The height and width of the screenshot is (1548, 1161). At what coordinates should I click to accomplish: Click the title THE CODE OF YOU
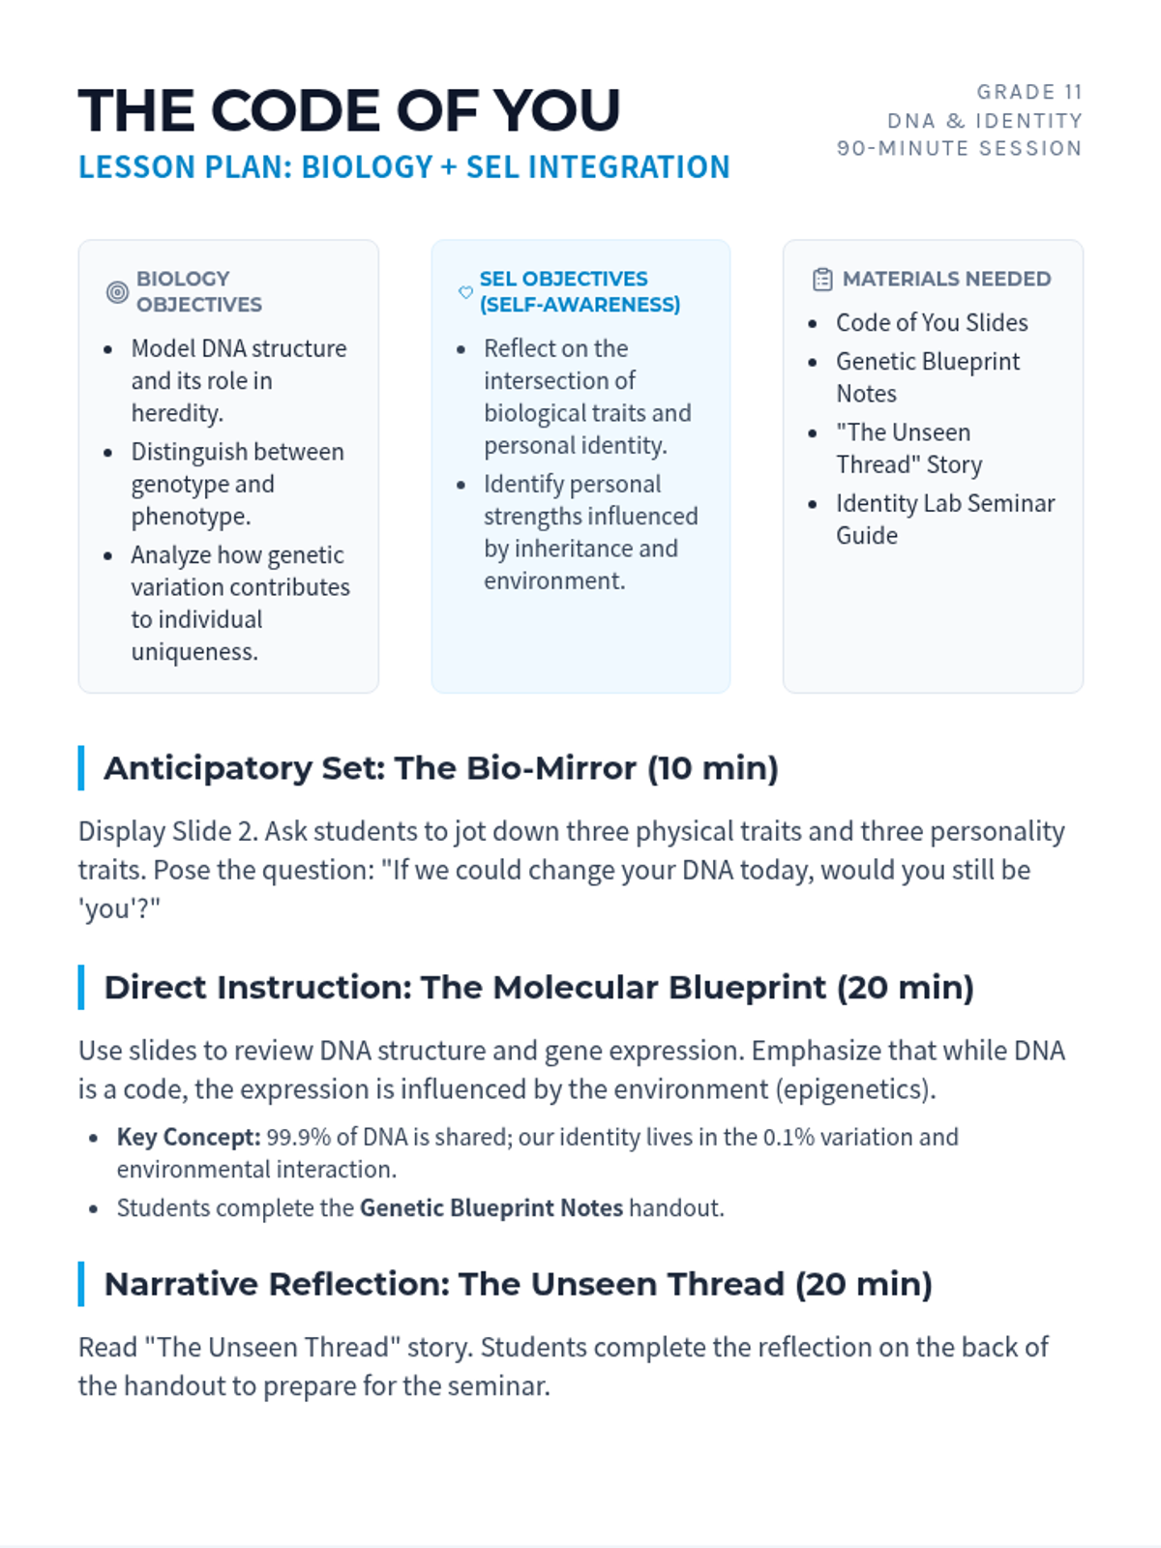coord(349,110)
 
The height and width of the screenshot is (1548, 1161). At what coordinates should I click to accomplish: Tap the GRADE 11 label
coord(1029,92)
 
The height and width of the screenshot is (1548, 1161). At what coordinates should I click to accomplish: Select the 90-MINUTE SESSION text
coord(960,149)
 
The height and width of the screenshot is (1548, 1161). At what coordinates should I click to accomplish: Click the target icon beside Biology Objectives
coord(117,292)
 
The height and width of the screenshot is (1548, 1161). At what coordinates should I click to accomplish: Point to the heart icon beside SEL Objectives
coord(465,292)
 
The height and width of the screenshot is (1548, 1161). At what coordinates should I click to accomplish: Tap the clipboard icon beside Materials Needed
coord(822,280)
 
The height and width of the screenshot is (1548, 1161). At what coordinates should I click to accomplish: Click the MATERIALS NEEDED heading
coord(947,280)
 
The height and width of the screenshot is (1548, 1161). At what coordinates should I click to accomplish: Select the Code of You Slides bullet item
coord(932,323)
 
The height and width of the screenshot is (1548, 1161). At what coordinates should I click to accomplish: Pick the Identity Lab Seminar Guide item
coord(945,519)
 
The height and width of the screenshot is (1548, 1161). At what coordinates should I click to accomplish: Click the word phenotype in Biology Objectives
coord(191,517)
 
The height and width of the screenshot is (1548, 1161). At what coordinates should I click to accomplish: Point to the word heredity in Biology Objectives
coord(177,413)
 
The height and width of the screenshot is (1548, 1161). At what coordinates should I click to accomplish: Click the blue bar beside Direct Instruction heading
coord(81,988)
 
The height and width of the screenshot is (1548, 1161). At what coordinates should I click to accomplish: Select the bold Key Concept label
coord(189,1137)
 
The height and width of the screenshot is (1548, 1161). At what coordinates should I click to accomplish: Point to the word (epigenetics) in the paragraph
coord(856,1089)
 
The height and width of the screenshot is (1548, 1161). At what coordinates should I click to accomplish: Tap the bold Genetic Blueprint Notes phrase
coord(491,1208)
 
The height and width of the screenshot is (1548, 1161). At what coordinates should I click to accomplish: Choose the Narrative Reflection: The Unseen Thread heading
coord(519,1284)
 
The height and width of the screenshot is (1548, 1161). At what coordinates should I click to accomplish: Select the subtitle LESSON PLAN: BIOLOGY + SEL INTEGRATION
coord(403,167)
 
